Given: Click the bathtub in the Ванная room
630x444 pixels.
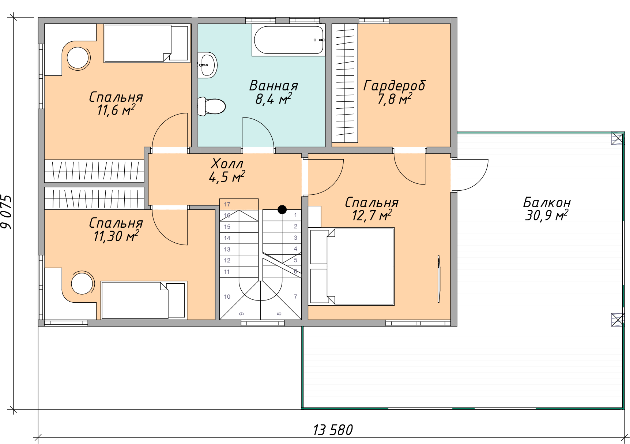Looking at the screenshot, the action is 288,40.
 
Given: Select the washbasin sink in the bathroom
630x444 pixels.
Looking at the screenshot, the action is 207,65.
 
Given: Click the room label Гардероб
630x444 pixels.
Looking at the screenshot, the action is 394,86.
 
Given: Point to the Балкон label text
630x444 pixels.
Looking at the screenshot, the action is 547,202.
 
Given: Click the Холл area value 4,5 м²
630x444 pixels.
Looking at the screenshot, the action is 227,177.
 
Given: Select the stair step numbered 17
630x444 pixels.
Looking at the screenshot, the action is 239,204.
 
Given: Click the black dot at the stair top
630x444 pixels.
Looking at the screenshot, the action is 282,209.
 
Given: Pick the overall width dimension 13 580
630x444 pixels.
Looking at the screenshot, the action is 333,430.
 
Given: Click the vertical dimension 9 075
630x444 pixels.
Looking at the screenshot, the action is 7,212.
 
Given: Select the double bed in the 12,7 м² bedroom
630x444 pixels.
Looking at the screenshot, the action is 351,266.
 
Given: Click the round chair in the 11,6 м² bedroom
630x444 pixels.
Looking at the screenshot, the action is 78,58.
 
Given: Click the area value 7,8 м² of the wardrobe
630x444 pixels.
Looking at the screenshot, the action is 395,99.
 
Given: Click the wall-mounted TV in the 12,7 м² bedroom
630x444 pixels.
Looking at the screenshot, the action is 439,279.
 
